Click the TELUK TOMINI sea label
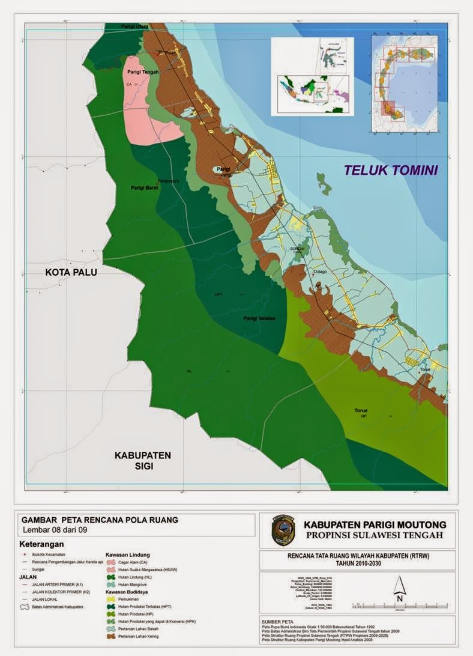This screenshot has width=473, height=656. (391, 170)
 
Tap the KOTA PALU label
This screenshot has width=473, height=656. (71, 272)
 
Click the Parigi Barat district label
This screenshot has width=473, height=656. (143, 188)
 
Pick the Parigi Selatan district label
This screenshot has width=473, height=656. (259, 318)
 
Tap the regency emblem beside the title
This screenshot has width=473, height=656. (283, 529)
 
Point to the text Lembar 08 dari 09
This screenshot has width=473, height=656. (62, 530)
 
